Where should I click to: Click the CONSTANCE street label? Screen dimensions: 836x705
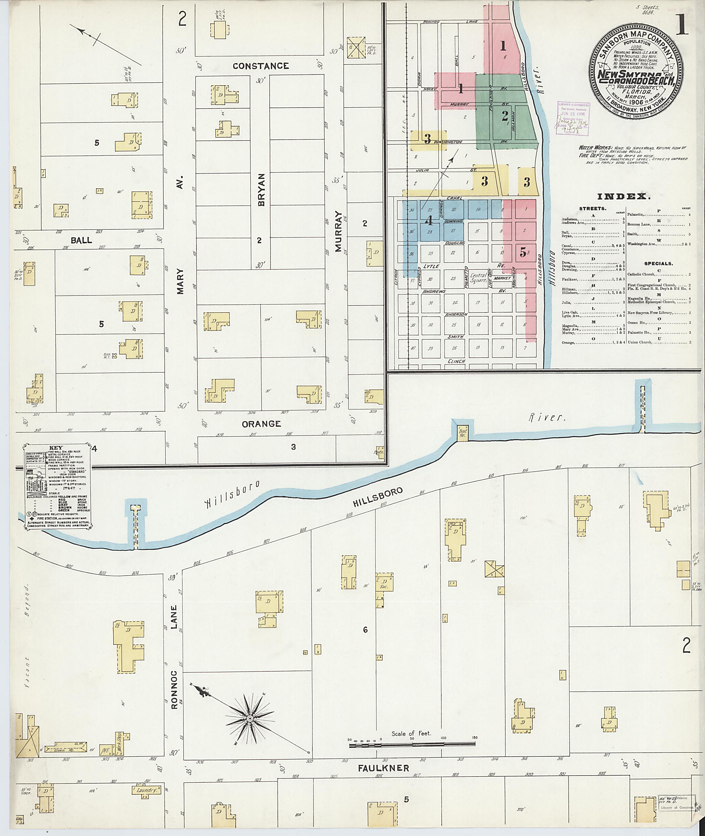click(x=261, y=66)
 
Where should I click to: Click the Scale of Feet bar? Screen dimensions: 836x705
click(x=412, y=744)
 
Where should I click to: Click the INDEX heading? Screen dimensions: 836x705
click(x=623, y=196)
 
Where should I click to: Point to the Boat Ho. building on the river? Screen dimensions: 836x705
click(x=463, y=432)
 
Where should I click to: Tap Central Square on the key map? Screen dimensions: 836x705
click(x=478, y=278)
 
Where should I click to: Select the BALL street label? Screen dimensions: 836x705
click(x=81, y=240)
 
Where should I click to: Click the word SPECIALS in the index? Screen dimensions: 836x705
click(x=658, y=264)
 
